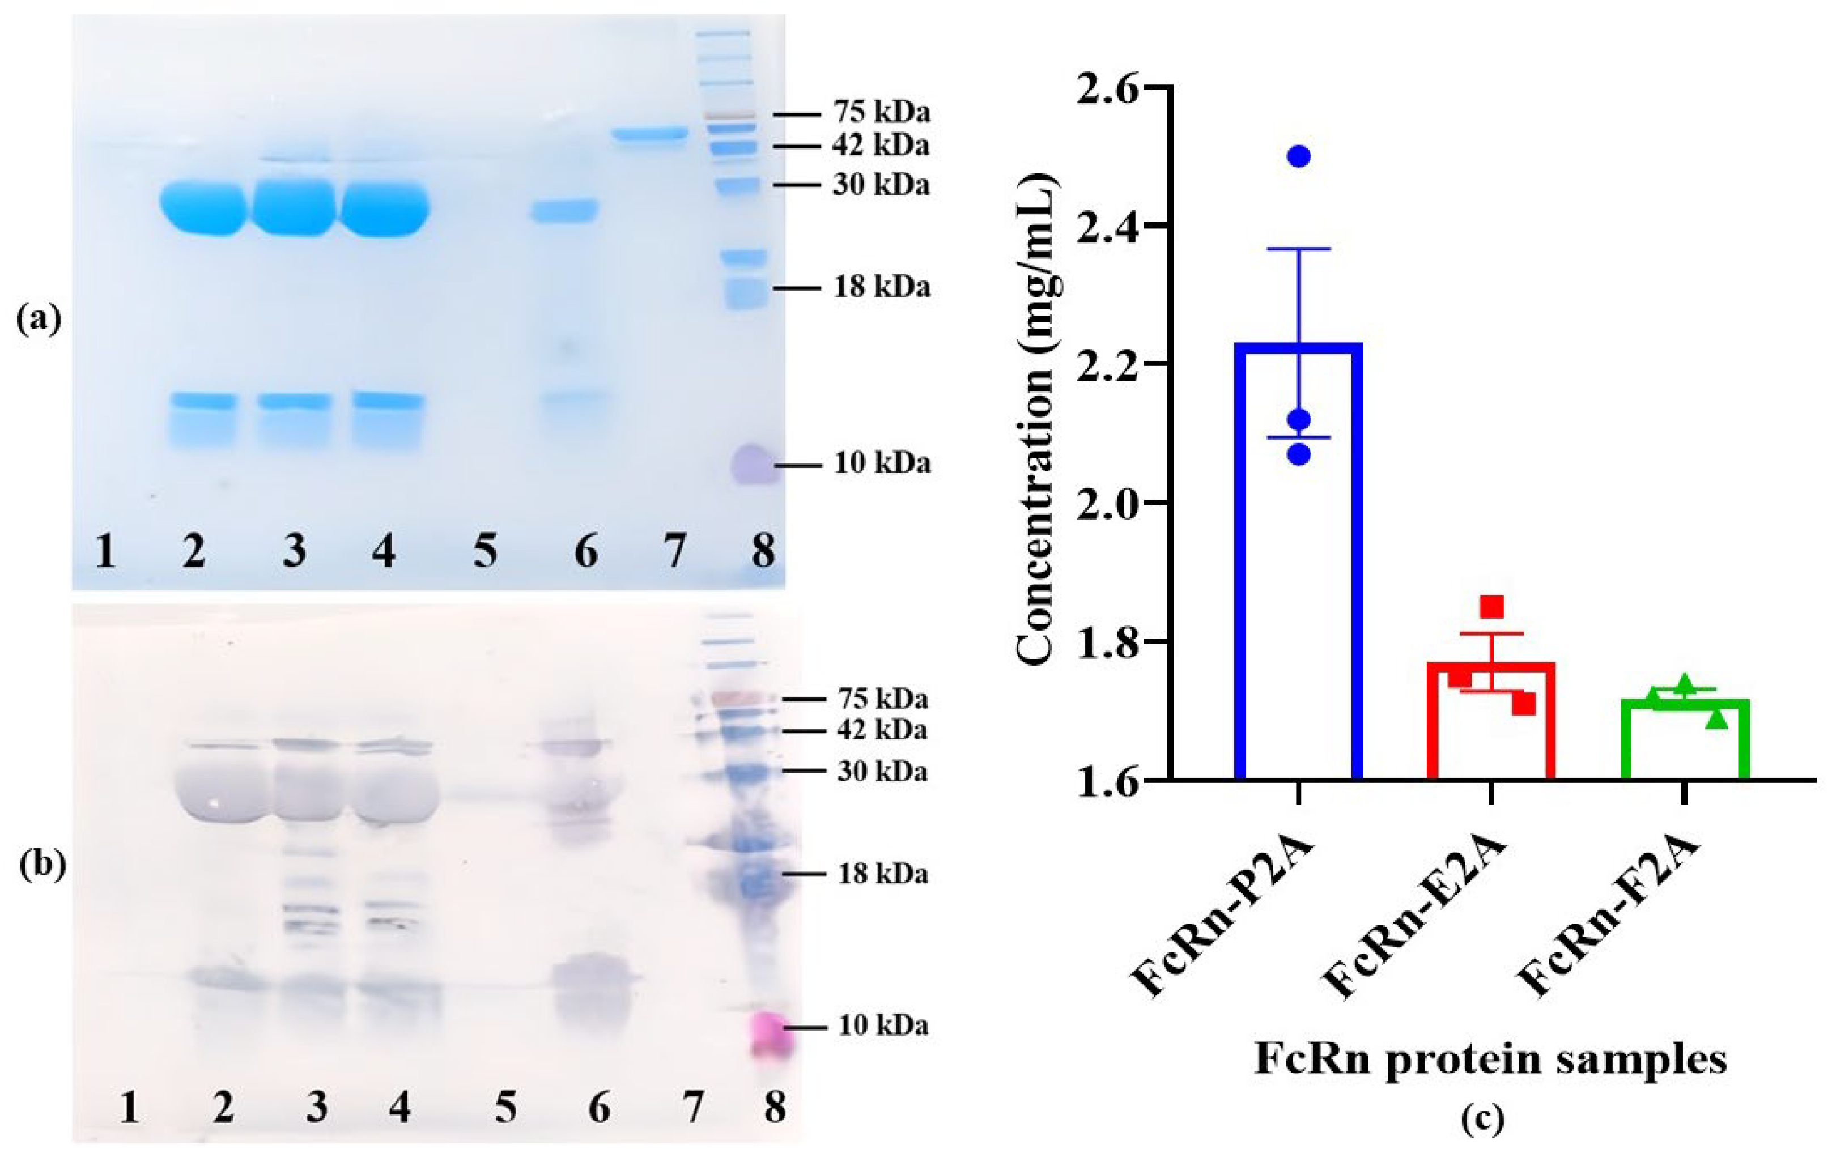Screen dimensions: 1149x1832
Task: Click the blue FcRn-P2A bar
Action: click(1298, 563)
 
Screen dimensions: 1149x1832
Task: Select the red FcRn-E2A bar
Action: click(1491, 722)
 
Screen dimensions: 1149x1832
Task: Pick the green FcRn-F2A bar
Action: click(1685, 741)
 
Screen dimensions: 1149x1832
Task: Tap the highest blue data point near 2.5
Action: click(1299, 156)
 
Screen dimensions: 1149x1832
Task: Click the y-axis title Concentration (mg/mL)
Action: click(1037, 433)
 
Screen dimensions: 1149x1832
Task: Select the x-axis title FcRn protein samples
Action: click(1489, 1058)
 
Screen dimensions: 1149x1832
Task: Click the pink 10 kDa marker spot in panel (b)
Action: click(771, 1033)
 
